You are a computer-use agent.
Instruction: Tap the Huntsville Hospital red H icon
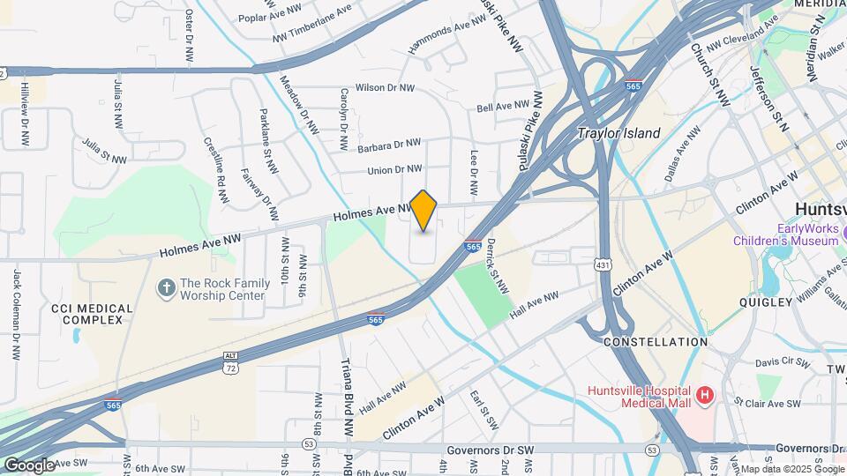[704, 396]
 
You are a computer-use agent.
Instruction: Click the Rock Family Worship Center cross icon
[165, 288]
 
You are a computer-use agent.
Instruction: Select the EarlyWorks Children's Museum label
[785, 234]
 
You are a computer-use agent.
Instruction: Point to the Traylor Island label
[618, 134]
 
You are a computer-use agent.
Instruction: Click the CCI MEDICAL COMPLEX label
[92, 314]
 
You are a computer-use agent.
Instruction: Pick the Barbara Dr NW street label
[388, 144]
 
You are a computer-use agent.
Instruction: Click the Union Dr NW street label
[394, 169]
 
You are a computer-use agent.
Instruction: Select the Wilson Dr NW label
[384, 88]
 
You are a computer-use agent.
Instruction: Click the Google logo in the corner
[29, 465]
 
